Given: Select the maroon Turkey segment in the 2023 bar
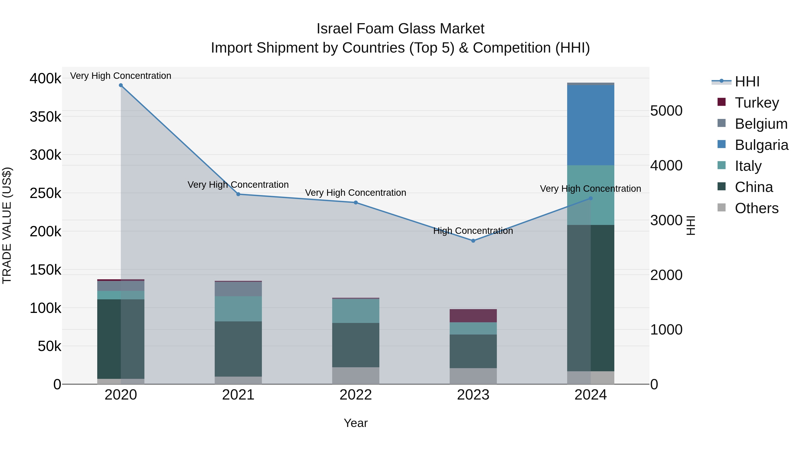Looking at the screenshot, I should coord(473,316).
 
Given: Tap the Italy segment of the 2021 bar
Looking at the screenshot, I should coord(238,309).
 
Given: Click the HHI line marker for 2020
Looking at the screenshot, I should coord(121,85).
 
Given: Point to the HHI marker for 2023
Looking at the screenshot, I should coord(473,241).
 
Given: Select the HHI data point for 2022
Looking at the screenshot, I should coord(356,203).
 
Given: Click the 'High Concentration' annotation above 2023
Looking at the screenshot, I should coord(473,231).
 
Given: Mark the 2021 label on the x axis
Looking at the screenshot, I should coord(238,395).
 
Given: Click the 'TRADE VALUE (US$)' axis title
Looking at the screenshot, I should coord(7,225).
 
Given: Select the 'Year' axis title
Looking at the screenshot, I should coord(356,423).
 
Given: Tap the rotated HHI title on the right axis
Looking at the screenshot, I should coord(690,225).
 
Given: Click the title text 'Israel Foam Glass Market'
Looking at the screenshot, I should coord(400,29).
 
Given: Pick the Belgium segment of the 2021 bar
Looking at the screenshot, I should coord(238,289).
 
